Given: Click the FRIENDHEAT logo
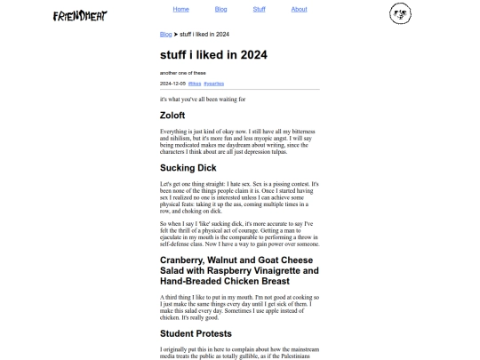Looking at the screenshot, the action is [80, 15].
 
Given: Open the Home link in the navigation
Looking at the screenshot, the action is [181, 9].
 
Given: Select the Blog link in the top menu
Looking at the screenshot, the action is [221, 9].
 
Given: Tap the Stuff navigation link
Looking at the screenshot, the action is [259, 9].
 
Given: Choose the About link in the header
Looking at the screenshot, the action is [299, 9].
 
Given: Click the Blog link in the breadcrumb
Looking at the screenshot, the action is [165, 35].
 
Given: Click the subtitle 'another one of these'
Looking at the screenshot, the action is [183, 72].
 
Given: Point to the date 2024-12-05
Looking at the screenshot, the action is [172, 83].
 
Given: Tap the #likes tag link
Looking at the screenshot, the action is [194, 83].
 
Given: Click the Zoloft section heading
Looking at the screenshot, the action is [172, 116].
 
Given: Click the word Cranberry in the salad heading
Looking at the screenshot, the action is [183, 260].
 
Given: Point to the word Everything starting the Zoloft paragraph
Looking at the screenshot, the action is [175, 132].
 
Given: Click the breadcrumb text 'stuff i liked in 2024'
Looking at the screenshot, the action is [204, 35].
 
